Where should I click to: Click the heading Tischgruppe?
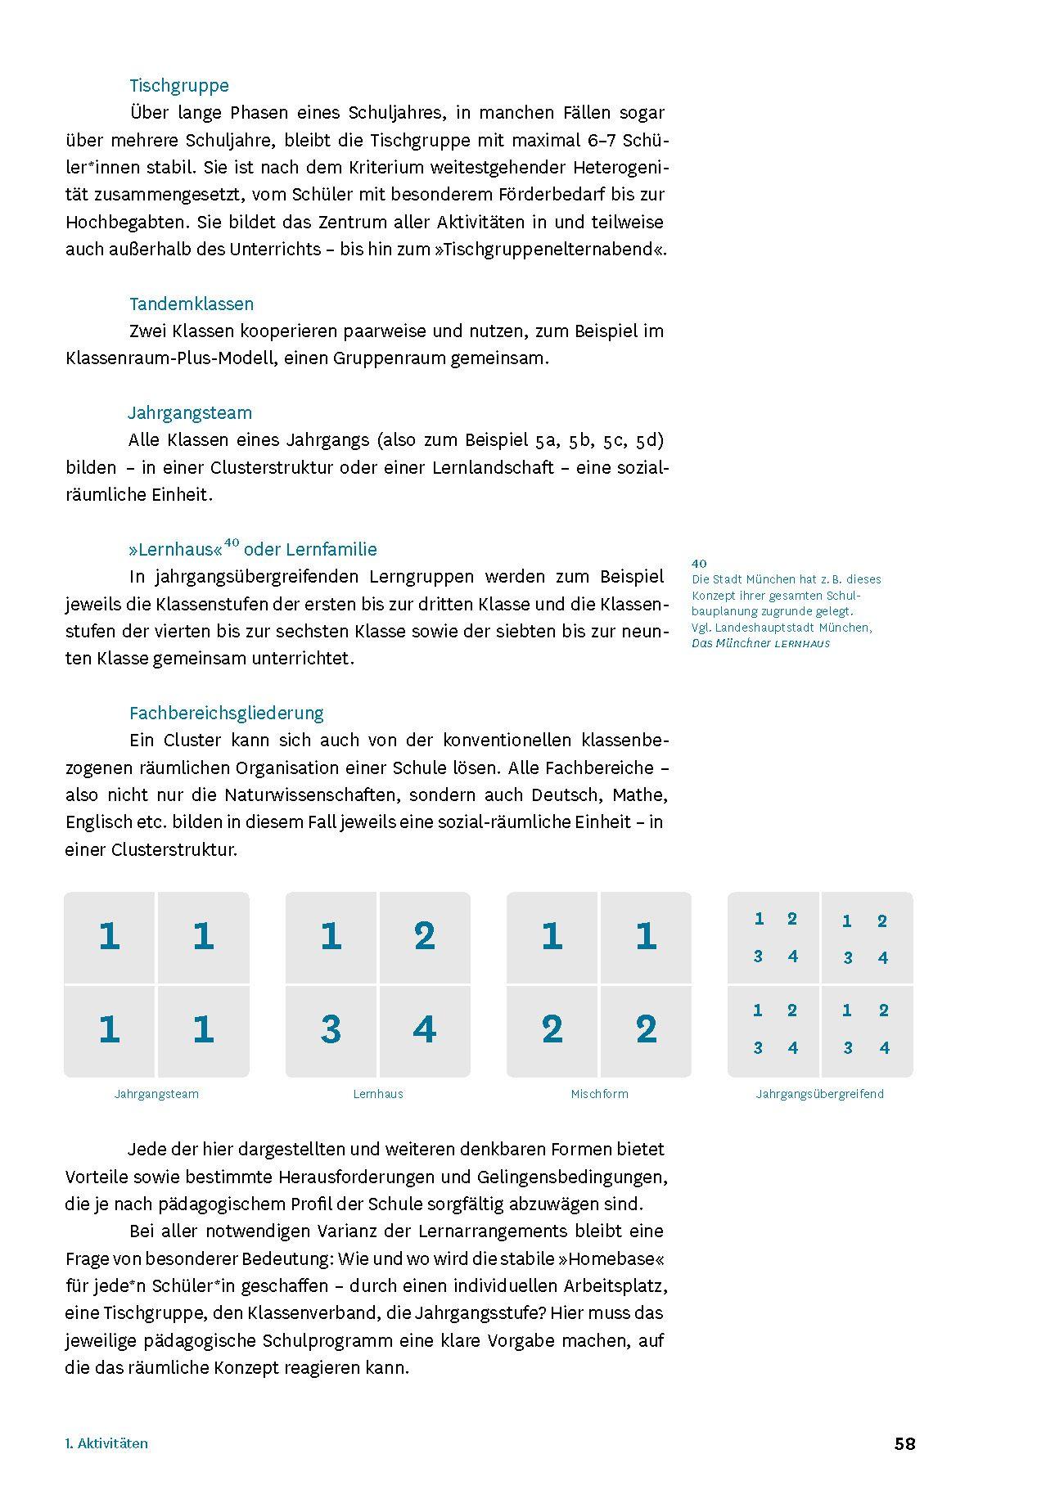pos(178,85)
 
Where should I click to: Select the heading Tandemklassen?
pos(192,304)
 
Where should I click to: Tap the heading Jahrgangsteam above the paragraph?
pos(190,412)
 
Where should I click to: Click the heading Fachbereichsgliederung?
pos(227,713)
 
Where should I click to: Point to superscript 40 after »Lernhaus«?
pos(232,542)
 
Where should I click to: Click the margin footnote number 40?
pos(699,563)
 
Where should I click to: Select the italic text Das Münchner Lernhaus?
pos(760,643)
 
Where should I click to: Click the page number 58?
pos(904,1443)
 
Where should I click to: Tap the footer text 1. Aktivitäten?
pos(106,1443)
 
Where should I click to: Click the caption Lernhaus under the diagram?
pos(377,1093)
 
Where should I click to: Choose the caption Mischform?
pos(599,1093)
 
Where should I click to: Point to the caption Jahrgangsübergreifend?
pos(819,1093)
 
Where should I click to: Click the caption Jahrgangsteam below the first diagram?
pos(156,1093)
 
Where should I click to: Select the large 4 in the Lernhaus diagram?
pos(424,1029)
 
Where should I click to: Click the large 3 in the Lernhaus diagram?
pos(331,1029)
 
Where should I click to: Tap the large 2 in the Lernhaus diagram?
pos(424,935)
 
